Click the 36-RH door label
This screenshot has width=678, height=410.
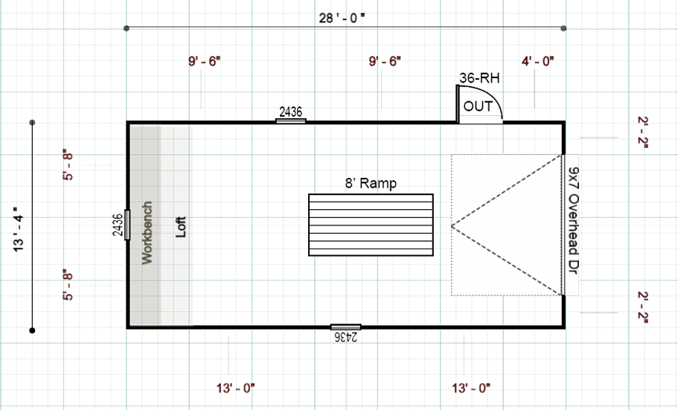(478, 77)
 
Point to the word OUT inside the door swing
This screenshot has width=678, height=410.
(478, 106)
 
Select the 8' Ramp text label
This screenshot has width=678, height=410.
(370, 183)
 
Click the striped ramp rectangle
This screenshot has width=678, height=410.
(371, 225)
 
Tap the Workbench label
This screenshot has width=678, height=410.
(147, 232)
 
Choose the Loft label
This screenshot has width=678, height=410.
(179, 227)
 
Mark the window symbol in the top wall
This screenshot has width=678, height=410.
(291, 121)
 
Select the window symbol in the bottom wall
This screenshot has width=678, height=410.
(345, 327)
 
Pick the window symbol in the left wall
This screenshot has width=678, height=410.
(127, 225)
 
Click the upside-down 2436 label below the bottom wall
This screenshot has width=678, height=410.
(345, 337)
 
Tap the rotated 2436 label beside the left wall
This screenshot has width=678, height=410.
(117, 225)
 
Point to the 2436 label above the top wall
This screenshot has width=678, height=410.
(291, 112)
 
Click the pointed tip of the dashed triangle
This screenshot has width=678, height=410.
(452, 225)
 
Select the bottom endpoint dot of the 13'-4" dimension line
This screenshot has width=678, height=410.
(32, 329)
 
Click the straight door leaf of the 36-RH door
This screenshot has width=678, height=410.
(457, 103)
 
